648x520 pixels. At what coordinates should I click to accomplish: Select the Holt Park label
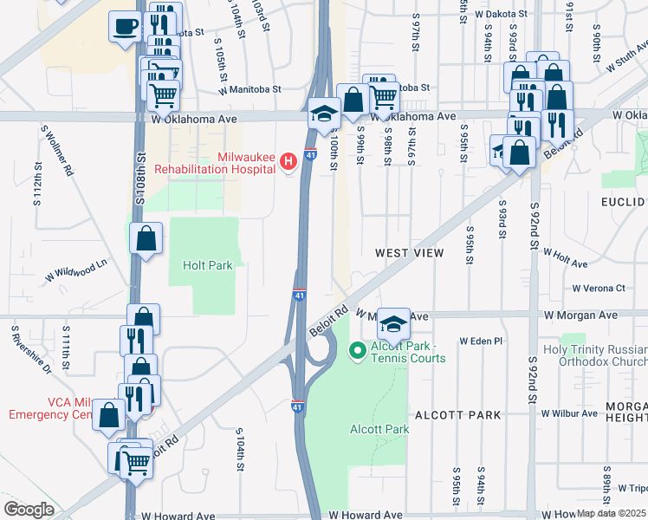pyautogui.click(x=208, y=265)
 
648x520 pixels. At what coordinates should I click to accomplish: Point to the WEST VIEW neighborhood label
pyautogui.click(x=409, y=253)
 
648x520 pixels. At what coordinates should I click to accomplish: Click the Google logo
pyautogui.click(x=29, y=509)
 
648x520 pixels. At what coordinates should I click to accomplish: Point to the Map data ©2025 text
pyautogui.click(x=611, y=514)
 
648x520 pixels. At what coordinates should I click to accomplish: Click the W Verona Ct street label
pyautogui.click(x=599, y=288)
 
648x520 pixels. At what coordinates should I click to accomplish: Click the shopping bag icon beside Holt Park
pyautogui.click(x=146, y=237)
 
